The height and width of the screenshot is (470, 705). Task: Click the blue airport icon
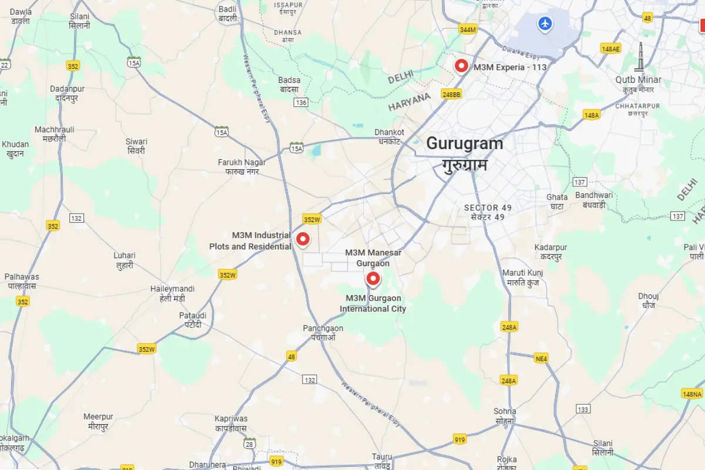[x=546, y=24]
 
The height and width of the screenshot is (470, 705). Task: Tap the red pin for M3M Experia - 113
[x=462, y=66]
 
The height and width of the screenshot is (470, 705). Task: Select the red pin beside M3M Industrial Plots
[x=303, y=239]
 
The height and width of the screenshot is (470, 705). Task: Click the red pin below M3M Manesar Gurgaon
[x=372, y=278]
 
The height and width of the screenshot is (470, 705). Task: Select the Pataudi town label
[x=193, y=320]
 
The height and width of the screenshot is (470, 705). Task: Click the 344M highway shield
[x=468, y=29]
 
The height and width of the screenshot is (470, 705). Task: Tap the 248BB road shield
[x=452, y=94]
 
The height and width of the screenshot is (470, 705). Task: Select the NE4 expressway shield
[x=541, y=358]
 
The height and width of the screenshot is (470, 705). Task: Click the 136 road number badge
[x=301, y=102]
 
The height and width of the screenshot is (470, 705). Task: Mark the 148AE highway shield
[x=610, y=49]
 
